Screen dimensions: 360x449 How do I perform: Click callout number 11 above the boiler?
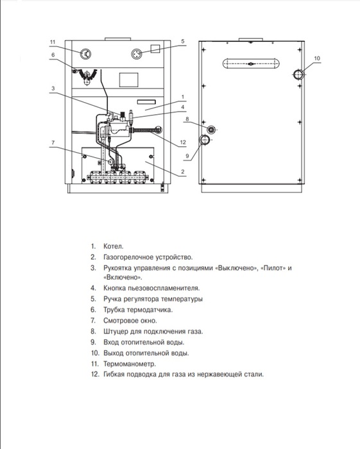tap(53, 42)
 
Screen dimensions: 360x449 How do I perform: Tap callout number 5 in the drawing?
tap(183, 41)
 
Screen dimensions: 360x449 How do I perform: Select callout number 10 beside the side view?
tap(317, 58)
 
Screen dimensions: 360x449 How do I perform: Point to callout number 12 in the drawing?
tap(183, 142)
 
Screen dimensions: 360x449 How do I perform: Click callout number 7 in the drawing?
tap(53, 142)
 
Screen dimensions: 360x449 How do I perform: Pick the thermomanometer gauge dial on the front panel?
tap(85, 54)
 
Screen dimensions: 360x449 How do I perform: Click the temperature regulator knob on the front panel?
tap(137, 54)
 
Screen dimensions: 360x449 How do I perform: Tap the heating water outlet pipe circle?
tap(298, 74)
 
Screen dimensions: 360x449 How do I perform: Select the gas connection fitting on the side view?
tap(211, 130)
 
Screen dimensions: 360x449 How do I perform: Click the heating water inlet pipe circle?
tap(204, 140)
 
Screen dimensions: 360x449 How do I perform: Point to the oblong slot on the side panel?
tap(251, 64)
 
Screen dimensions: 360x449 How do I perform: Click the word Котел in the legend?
tap(114, 246)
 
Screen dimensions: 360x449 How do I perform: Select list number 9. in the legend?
tap(93, 342)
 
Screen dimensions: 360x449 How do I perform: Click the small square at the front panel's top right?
tap(155, 49)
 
